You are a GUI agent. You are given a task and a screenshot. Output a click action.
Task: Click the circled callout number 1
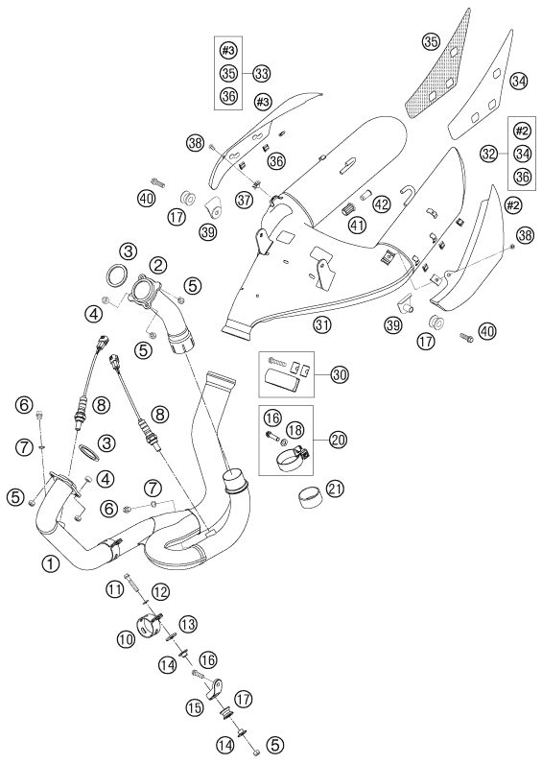50,564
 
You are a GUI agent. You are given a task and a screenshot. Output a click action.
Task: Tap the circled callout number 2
157,265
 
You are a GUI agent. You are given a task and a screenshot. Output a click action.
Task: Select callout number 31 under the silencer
321,324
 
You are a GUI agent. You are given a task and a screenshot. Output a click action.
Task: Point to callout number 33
261,74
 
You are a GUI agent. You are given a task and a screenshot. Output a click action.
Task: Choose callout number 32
488,154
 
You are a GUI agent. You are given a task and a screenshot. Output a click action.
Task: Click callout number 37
245,199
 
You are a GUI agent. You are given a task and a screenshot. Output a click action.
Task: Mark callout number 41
358,225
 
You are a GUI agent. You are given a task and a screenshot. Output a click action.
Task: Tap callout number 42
382,204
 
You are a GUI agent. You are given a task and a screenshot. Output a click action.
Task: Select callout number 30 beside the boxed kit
340,374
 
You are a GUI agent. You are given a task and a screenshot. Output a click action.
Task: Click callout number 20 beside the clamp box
338,440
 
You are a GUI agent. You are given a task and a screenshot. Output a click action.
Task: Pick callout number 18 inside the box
295,430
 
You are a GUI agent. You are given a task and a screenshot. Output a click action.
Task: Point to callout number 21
335,489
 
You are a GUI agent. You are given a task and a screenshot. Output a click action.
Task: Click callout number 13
187,623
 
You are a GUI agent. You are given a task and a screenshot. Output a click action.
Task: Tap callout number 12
161,592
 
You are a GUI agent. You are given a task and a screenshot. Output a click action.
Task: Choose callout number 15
195,707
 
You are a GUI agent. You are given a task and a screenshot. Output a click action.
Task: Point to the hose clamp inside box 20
292,458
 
